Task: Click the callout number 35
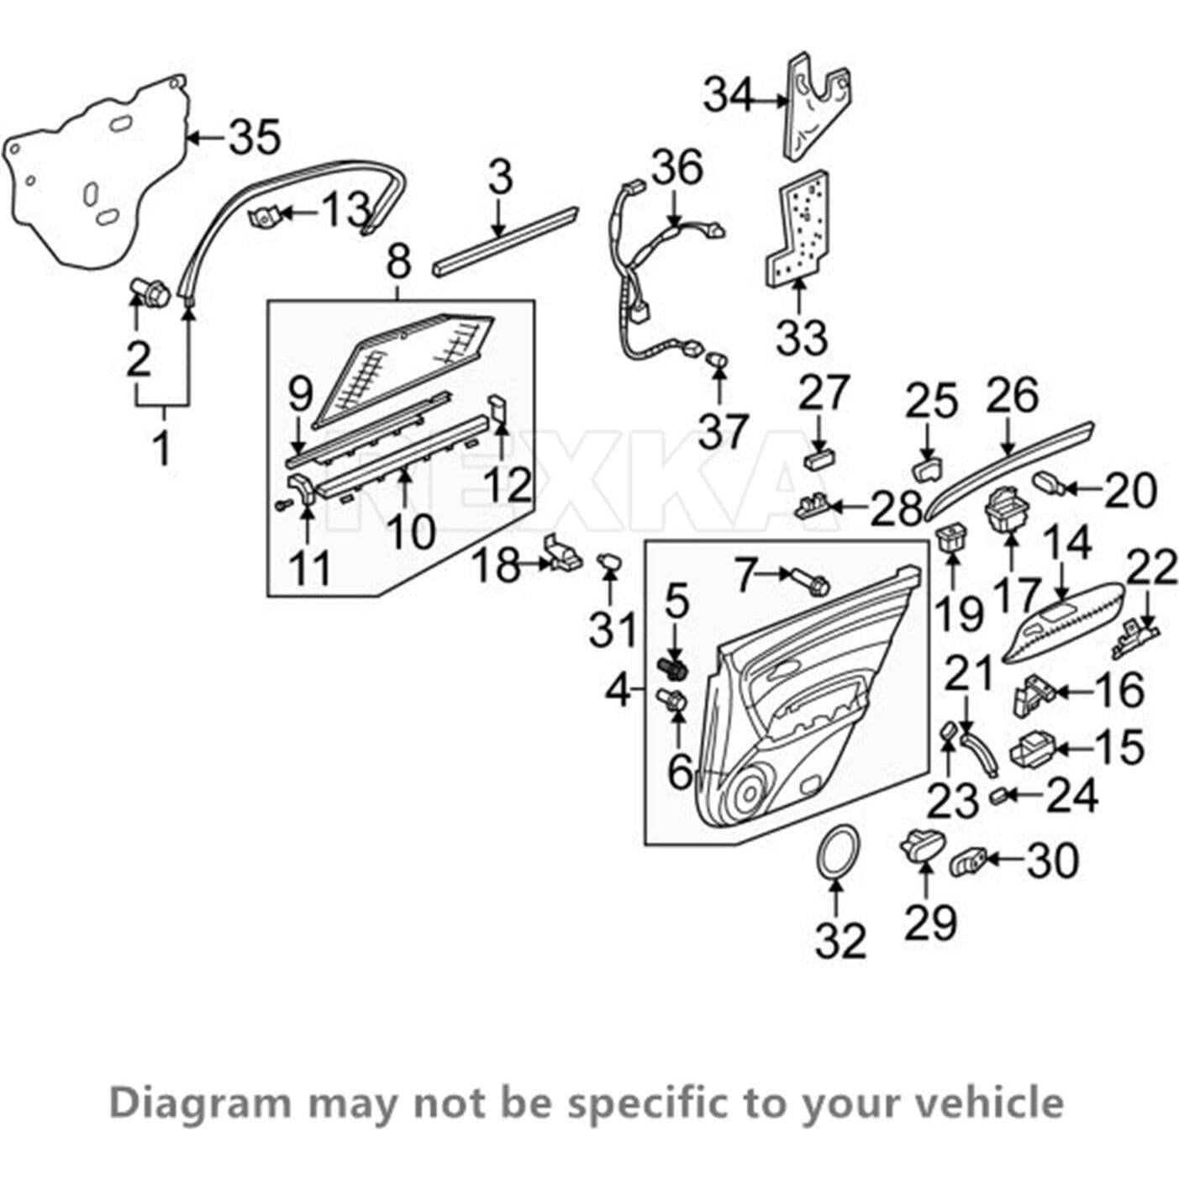point(255,137)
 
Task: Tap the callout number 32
point(840,940)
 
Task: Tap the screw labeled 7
point(808,581)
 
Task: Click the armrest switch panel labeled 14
point(1062,626)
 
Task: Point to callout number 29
point(929,923)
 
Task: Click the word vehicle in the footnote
point(997,1102)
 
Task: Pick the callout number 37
point(722,431)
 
